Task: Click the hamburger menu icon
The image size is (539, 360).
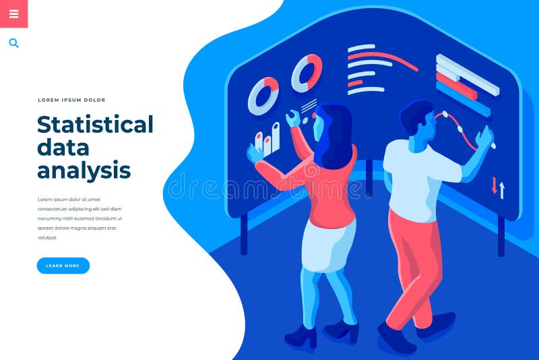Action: click(x=13, y=13)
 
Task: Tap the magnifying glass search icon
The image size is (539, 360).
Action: click(x=13, y=43)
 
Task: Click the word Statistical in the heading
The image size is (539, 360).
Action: click(x=95, y=125)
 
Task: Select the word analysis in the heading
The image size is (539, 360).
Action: click(x=84, y=169)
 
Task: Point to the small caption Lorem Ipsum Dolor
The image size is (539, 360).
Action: click(x=71, y=100)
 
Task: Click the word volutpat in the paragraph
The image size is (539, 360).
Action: click(x=47, y=237)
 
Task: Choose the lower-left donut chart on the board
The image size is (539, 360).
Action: click(x=263, y=96)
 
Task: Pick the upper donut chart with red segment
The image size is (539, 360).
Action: click(x=307, y=73)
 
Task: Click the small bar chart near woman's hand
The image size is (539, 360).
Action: click(x=267, y=138)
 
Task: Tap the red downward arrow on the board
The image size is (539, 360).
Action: click(x=494, y=185)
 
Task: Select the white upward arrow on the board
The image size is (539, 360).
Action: click(x=502, y=189)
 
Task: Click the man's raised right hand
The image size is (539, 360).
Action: click(x=484, y=138)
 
